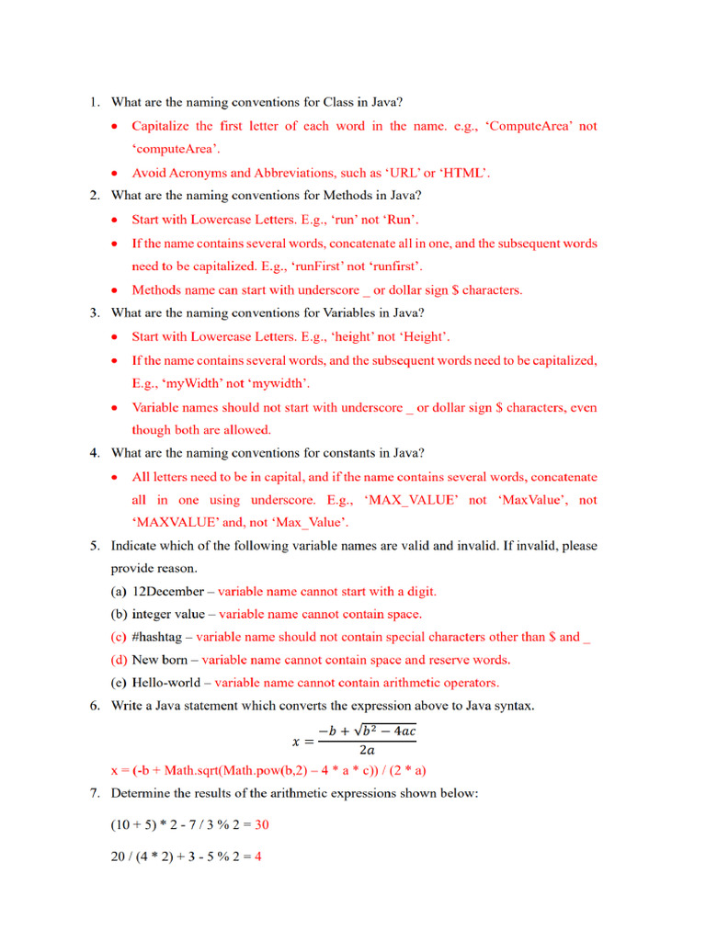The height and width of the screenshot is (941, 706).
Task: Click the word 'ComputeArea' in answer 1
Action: pyautogui.click(x=534, y=126)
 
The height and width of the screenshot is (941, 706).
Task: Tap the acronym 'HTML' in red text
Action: pyautogui.click(x=464, y=173)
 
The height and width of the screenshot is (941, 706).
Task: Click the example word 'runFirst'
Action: pyautogui.click(x=325, y=266)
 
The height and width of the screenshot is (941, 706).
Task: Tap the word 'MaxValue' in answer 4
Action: pyautogui.click(x=530, y=500)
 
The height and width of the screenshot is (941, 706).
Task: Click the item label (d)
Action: pyautogui.click(x=120, y=660)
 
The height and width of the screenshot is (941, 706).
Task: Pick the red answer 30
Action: pyautogui.click(x=262, y=825)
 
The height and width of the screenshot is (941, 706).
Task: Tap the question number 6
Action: pyautogui.click(x=95, y=706)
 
